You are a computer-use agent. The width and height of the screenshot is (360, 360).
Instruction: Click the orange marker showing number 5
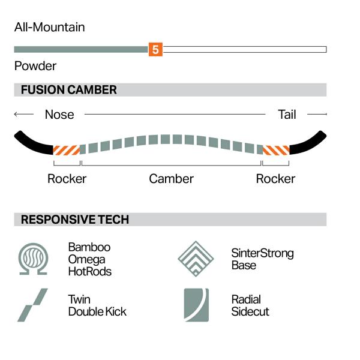click(x=155, y=49)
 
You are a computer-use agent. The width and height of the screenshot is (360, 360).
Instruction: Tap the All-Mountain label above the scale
click(x=50, y=27)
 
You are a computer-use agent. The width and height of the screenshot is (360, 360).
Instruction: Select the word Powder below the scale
click(x=35, y=66)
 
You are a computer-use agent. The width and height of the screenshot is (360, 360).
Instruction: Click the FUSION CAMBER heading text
click(x=69, y=90)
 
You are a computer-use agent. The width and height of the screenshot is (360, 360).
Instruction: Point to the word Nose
click(x=59, y=115)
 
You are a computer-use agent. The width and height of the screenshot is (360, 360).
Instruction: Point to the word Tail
click(x=287, y=115)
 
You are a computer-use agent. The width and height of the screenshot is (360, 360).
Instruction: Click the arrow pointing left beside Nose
click(x=23, y=114)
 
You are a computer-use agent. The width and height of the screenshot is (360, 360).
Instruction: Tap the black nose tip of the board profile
click(x=32, y=143)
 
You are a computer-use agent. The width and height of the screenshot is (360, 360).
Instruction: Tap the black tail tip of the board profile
click(x=308, y=143)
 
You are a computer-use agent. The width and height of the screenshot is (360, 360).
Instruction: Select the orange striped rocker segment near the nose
click(x=67, y=150)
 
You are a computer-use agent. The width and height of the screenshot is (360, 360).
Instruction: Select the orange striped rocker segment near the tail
click(x=276, y=150)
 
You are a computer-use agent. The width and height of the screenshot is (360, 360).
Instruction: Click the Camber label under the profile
click(x=171, y=179)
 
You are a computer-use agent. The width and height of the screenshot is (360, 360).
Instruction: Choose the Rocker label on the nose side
click(x=67, y=179)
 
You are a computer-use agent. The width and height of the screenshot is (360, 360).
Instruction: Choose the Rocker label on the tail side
click(x=275, y=179)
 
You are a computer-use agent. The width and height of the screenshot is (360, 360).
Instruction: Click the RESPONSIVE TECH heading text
click(x=75, y=220)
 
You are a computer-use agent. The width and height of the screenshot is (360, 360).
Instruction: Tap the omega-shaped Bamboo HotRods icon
click(x=33, y=259)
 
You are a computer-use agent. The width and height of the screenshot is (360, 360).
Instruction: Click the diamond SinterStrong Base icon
click(x=196, y=259)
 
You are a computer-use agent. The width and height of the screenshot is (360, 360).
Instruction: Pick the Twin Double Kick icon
click(x=32, y=305)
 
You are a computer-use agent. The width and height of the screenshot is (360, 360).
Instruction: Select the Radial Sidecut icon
click(x=196, y=305)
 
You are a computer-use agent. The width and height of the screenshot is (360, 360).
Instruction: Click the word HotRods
click(x=90, y=271)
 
